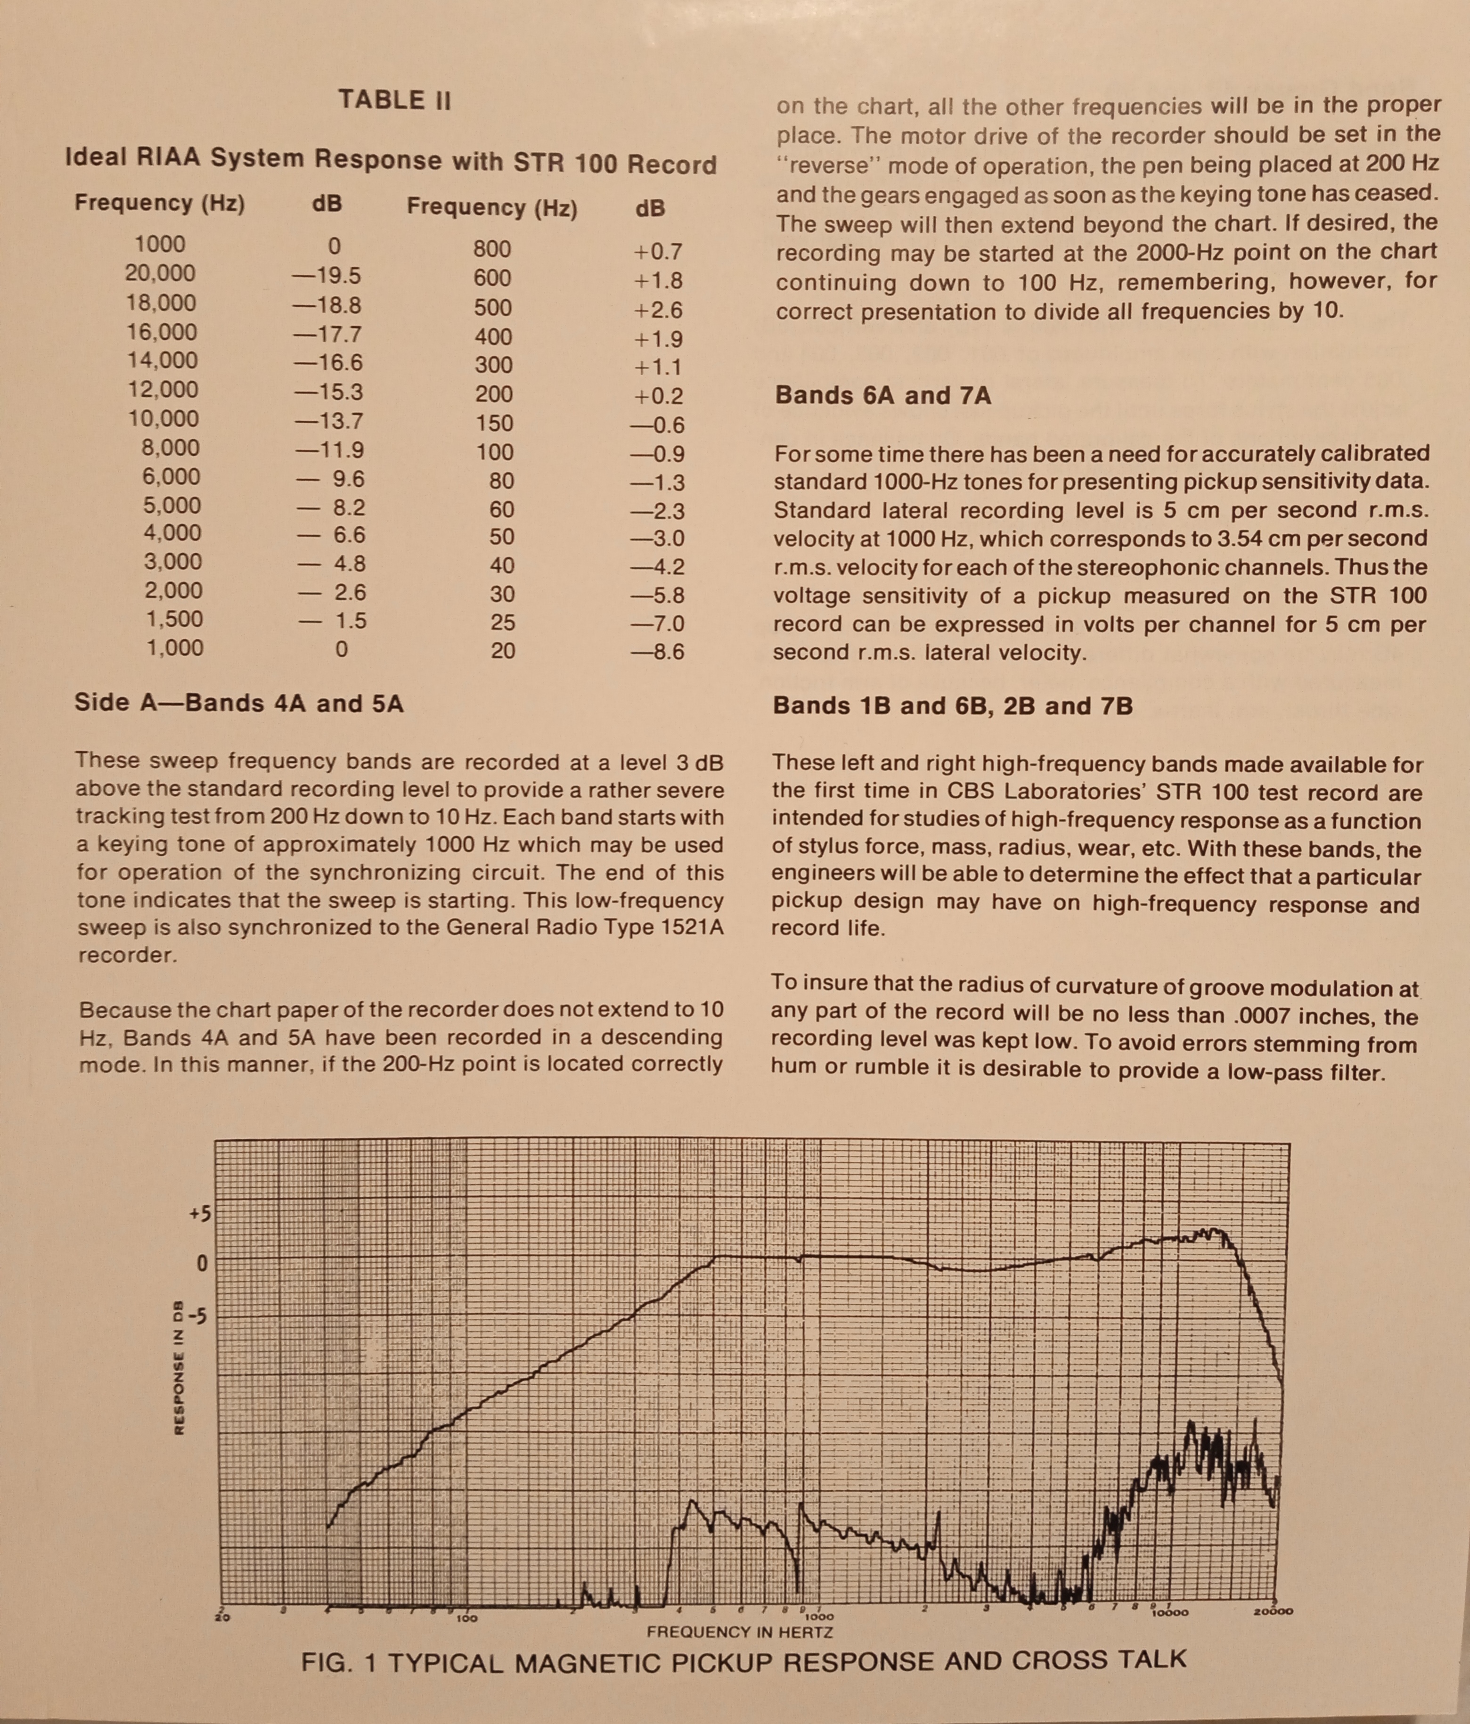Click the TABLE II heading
(x=394, y=101)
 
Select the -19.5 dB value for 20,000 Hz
(x=327, y=276)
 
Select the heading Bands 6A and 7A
(x=882, y=395)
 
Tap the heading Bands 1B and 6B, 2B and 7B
(x=953, y=706)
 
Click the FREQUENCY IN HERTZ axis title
(x=740, y=1632)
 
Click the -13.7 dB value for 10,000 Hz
(x=328, y=421)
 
